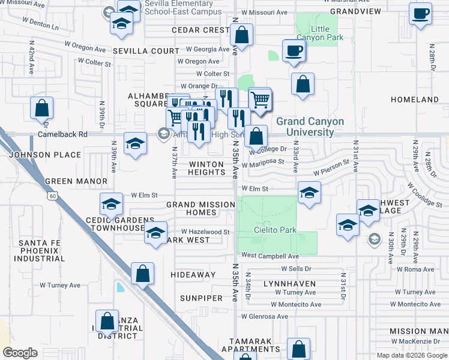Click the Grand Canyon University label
pos(310,127)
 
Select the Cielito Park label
pos(276,230)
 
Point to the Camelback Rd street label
pos(62,134)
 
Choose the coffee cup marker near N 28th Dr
pos(420,13)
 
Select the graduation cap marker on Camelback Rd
pos(136,143)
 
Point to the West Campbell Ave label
pos(270,256)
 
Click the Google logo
pos(20,352)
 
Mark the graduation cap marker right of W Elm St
pos(309,193)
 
